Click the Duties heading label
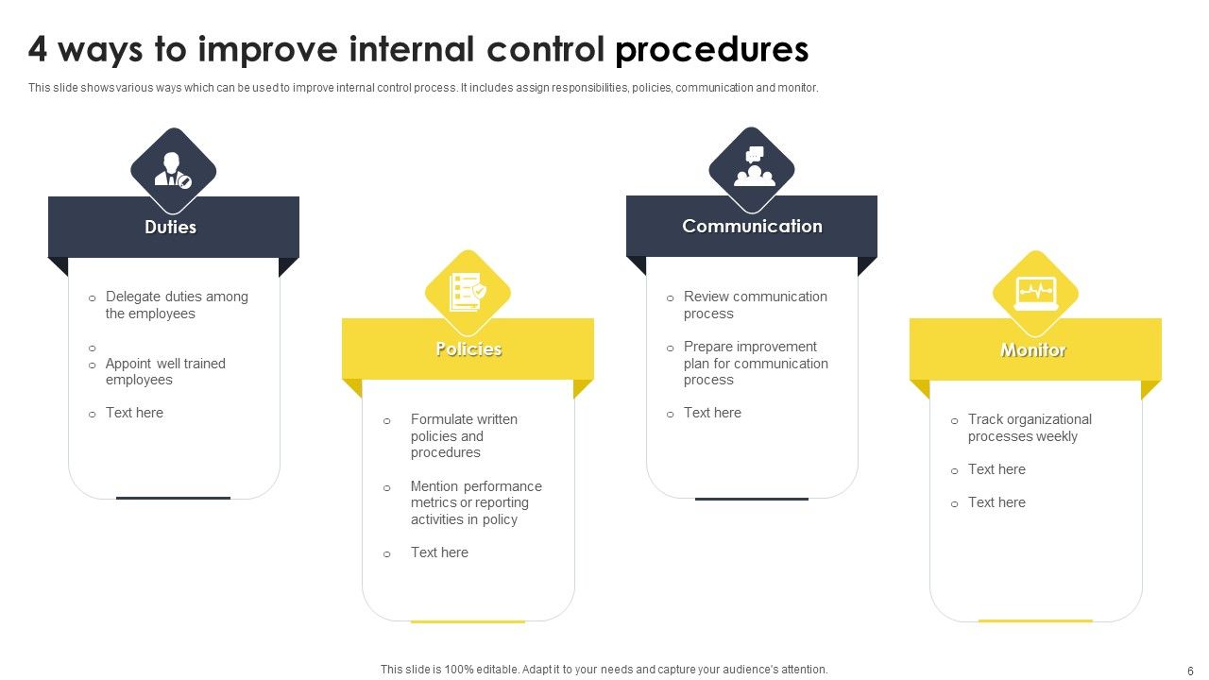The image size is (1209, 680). pyautogui.click(x=171, y=227)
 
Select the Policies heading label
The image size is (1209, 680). pyautogui.click(x=468, y=349)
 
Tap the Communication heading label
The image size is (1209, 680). pyautogui.click(x=752, y=226)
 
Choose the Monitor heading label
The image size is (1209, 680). pyautogui.click(x=1033, y=350)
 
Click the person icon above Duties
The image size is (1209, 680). pyautogui.click(x=173, y=170)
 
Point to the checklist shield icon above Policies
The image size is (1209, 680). pyautogui.click(x=468, y=292)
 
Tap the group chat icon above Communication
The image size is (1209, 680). pyautogui.click(x=753, y=168)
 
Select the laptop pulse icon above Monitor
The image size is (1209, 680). pyautogui.click(x=1035, y=293)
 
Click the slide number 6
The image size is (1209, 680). pyautogui.click(x=1190, y=670)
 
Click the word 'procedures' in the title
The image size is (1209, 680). pyautogui.click(x=711, y=49)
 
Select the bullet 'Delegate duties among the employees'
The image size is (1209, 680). pyautogui.click(x=177, y=305)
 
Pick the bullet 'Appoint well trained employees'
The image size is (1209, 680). pyautogui.click(x=165, y=371)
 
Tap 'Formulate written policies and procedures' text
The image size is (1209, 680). pyautogui.click(x=463, y=435)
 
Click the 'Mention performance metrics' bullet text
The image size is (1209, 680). pyautogui.click(x=475, y=502)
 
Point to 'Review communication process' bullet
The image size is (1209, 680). pyautogui.click(x=755, y=305)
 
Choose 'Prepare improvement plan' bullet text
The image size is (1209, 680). pyautogui.click(x=755, y=363)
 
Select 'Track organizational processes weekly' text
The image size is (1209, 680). pyautogui.click(x=1029, y=428)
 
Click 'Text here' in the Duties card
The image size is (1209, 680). pyautogui.click(x=134, y=413)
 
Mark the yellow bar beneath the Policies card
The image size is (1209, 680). pyautogui.click(x=468, y=621)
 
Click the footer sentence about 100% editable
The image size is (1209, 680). pyautogui.click(x=604, y=670)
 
